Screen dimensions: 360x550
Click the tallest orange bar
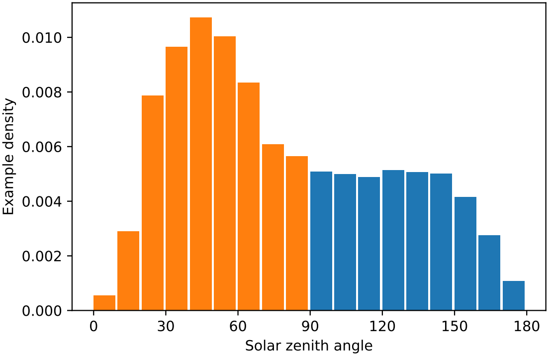coord(201,164)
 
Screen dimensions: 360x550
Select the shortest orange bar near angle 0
coord(104,303)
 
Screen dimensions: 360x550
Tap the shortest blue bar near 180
coord(513,296)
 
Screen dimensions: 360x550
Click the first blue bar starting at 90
coord(321,241)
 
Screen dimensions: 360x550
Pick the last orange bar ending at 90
coord(297,234)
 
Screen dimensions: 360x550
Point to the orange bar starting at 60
coord(249,196)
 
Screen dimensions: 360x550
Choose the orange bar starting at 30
coord(177,179)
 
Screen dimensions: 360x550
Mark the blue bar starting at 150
coord(465,254)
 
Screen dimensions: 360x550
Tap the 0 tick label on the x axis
coord(93,328)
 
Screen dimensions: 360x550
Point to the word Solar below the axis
coord(262,346)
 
